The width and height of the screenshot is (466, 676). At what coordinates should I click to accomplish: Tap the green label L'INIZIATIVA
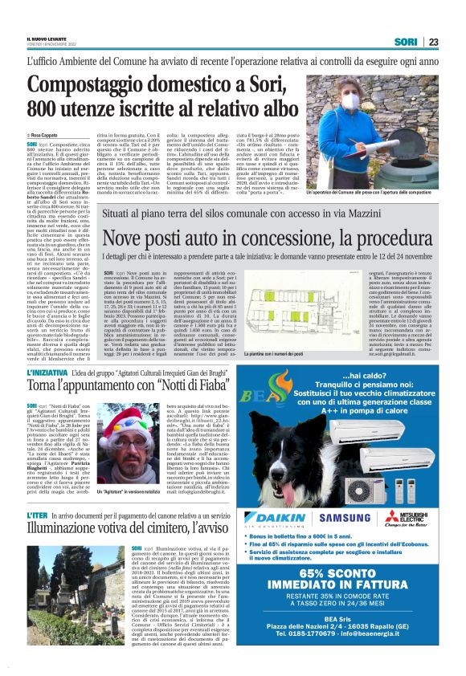(x=46, y=375)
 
